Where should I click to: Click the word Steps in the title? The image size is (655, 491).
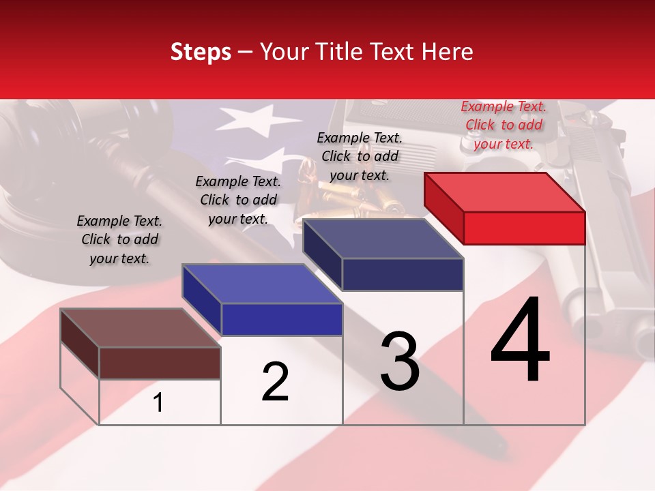pos(201,52)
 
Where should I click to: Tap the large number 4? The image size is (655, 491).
pos(520,341)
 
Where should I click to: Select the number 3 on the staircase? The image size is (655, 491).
pos(400,361)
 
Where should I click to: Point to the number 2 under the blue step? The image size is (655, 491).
pos(275,382)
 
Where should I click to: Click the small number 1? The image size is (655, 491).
pos(158,403)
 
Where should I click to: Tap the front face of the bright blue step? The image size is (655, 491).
pos(282,319)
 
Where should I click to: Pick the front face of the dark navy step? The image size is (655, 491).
pos(403,274)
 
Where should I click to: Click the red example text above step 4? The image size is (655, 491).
pos(504,125)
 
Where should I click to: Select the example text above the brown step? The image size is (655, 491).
pos(119,239)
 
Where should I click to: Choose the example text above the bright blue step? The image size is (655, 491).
pos(238,200)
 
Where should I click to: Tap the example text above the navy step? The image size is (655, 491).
pos(360,156)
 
